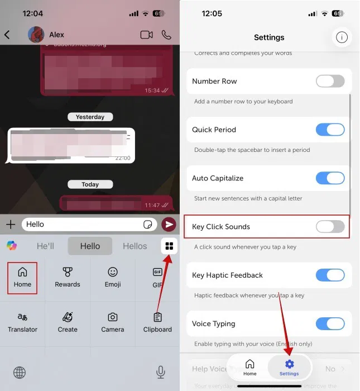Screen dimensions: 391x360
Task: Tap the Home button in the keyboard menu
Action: point(22,277)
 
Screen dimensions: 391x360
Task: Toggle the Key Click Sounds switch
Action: point(330,227)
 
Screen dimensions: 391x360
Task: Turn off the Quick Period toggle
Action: point(330,130)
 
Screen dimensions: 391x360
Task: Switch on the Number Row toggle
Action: point(330,81)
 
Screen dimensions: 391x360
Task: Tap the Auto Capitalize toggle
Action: point(330,178)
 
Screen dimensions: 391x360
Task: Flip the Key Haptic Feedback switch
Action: point(330,275)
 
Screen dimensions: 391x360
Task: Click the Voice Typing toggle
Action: point(330,323)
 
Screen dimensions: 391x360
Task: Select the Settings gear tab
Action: point(289,368)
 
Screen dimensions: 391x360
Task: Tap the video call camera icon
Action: point(146,35)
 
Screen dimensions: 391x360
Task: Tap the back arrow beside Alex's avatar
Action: point(7,35)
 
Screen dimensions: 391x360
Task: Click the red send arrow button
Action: point(168,225)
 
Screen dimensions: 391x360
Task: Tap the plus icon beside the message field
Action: point(11,225)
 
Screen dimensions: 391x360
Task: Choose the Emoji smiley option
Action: point(113,277)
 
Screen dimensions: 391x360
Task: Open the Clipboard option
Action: point(157,322)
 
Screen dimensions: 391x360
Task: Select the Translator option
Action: point(22,322)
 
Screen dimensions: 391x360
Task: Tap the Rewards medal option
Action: point(68,277)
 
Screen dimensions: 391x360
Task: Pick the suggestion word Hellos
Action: point(135,246)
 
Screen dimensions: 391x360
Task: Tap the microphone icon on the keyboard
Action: point(161,372)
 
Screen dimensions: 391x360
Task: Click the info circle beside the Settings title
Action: point(342,37)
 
